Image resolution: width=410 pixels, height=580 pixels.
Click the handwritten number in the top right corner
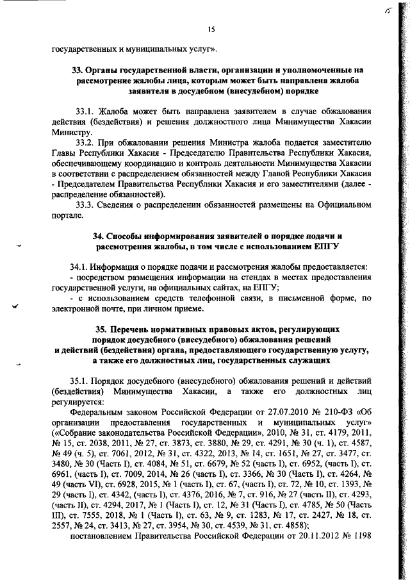click(387, 12)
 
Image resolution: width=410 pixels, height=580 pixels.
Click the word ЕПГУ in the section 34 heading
click(324, 246)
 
